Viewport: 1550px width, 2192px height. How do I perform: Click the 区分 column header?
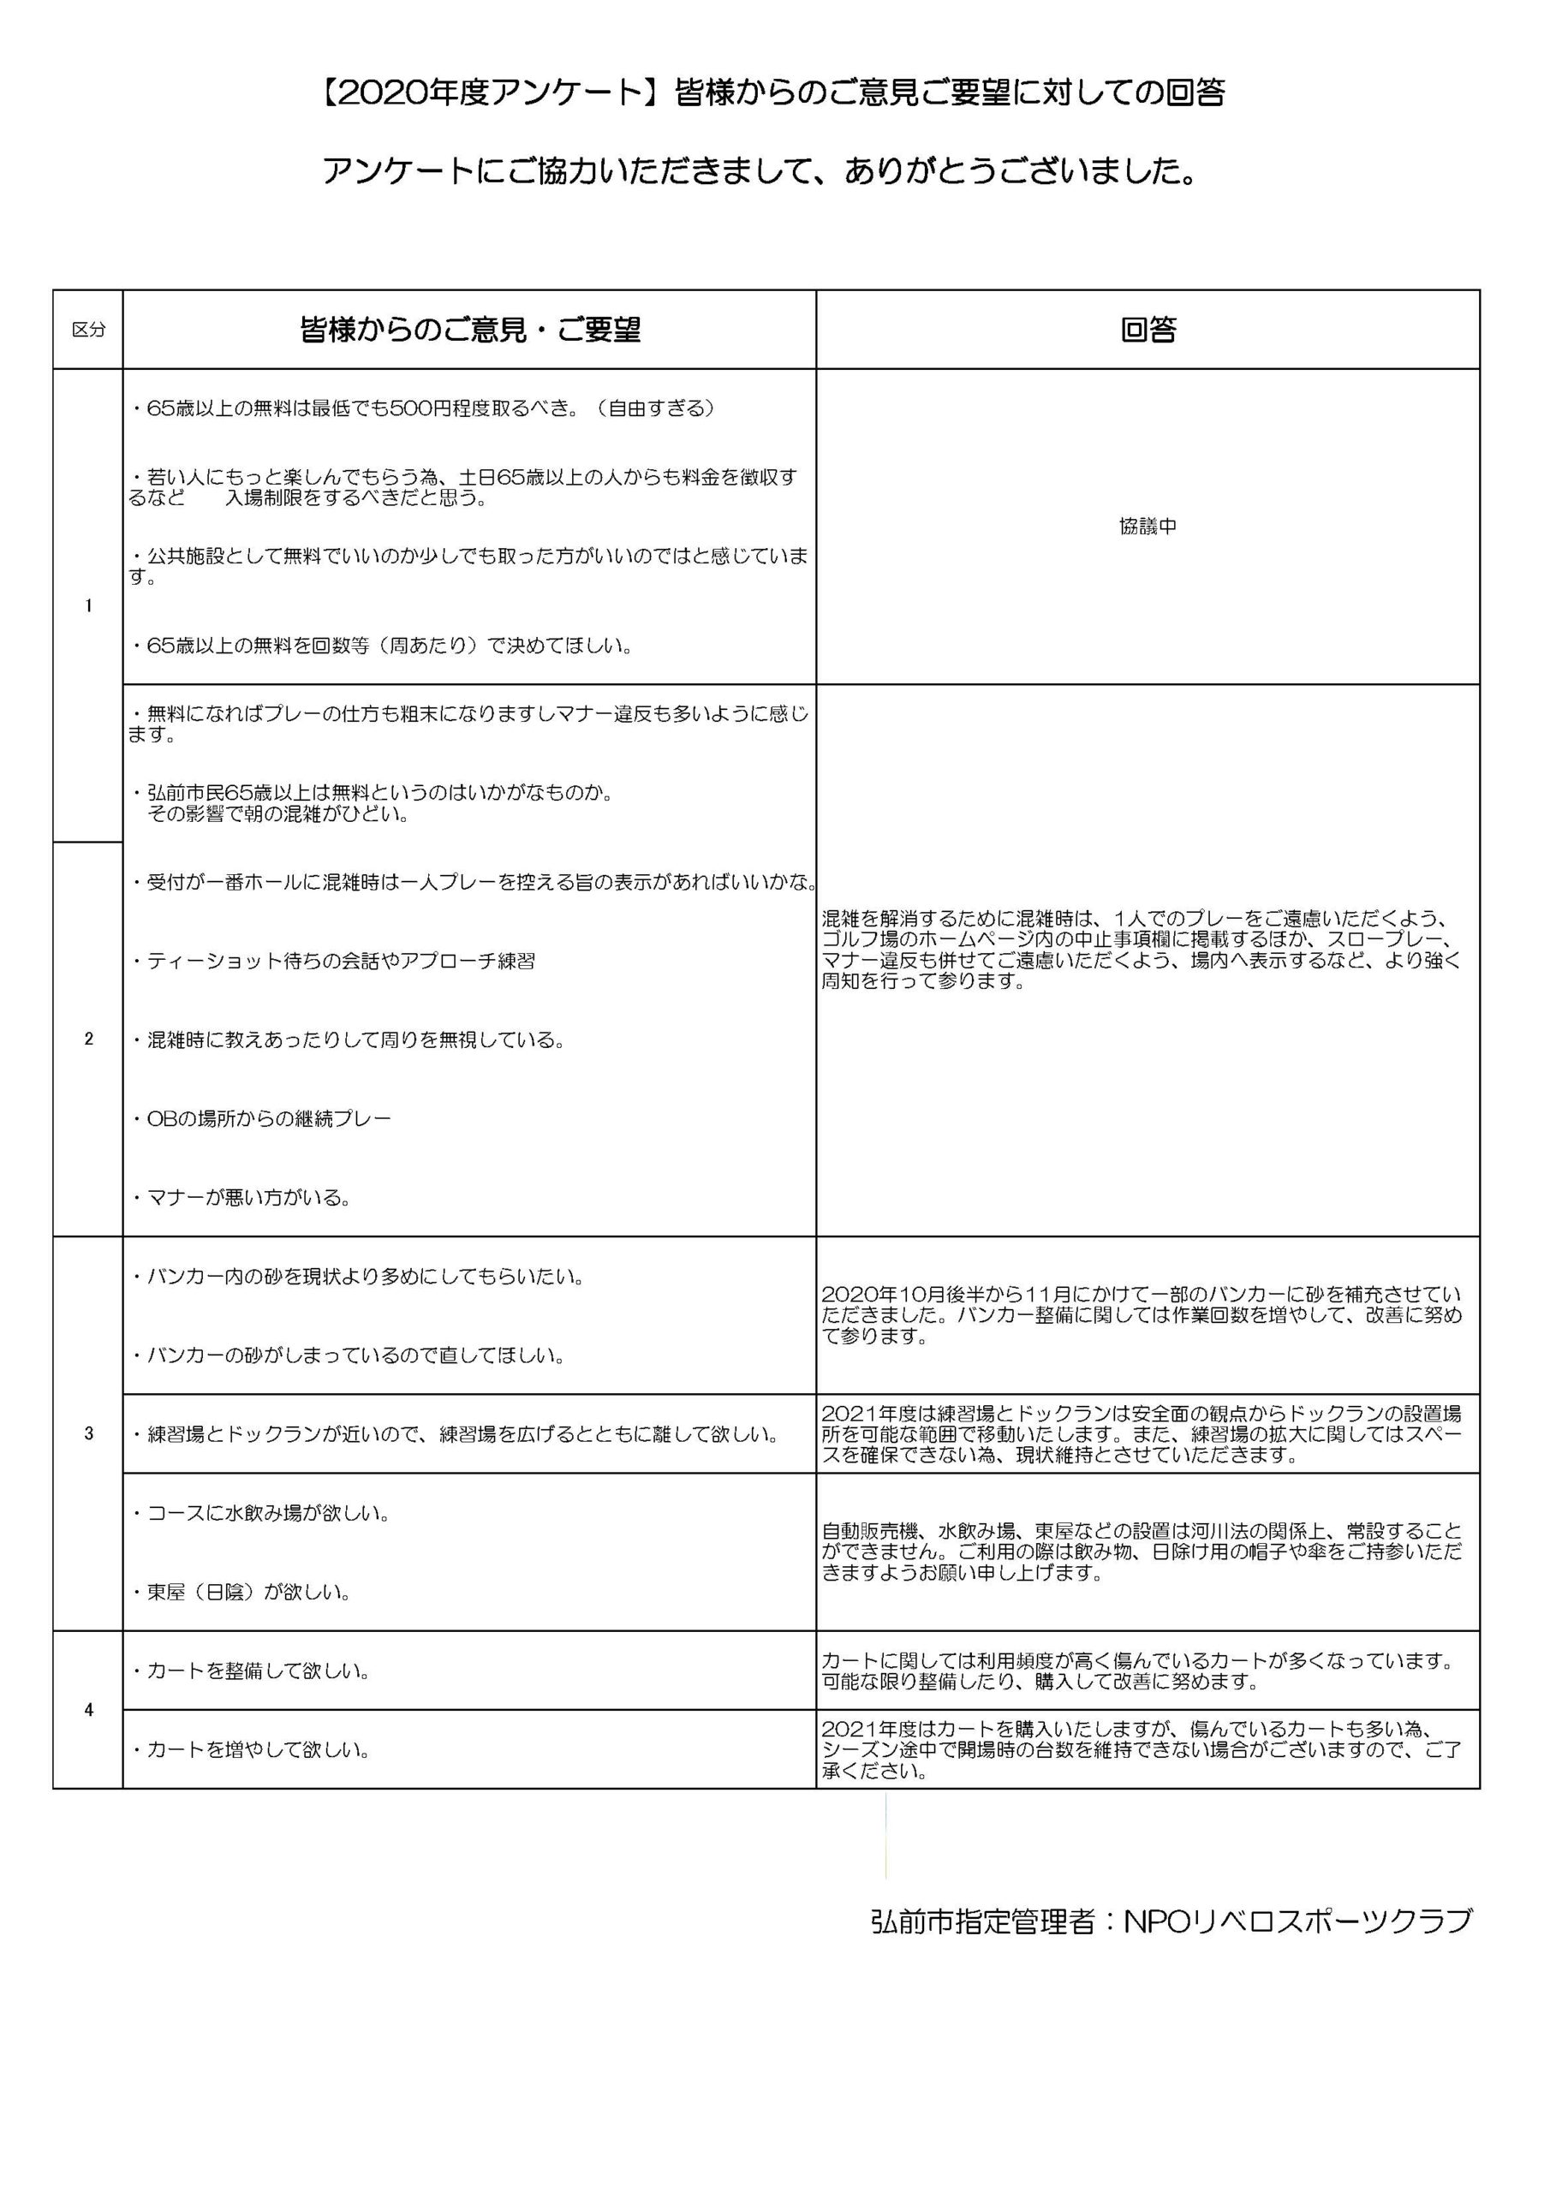89,331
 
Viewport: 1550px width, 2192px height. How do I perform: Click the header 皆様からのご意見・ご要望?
470,331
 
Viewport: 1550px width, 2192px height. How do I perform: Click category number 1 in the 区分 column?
89,605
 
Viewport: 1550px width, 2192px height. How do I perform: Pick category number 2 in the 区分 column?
89,1039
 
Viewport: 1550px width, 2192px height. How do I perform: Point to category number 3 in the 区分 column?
89,1433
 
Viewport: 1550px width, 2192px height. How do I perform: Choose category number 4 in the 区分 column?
89,1709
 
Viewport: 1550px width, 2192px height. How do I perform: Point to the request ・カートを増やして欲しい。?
250,1749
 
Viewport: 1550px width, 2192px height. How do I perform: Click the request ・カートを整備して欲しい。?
250,1670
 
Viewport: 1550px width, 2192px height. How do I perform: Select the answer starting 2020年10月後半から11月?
1142,1314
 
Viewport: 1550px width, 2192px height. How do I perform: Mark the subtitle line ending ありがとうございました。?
760,172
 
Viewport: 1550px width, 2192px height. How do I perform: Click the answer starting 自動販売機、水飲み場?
1142,1552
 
